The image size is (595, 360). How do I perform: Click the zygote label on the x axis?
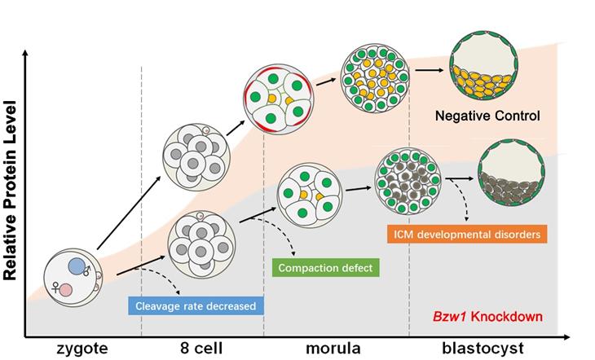(82, 349)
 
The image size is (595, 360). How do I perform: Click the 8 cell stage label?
(201, 349)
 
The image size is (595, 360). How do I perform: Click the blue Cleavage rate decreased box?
(196, 306)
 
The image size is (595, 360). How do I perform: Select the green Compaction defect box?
(324, 266)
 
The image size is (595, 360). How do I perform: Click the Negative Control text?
(487, 116)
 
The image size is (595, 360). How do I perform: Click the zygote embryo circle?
(72, 277)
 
